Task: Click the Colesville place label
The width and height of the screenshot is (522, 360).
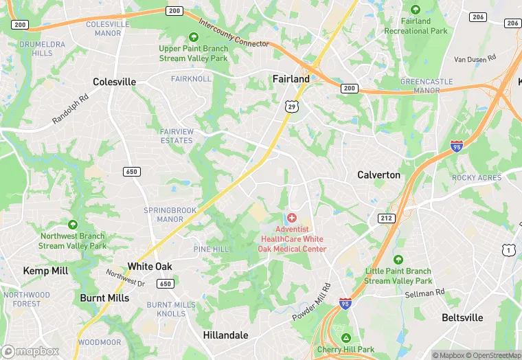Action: (x=115, y=82)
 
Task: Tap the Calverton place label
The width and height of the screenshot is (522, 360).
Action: (x=378, y=175)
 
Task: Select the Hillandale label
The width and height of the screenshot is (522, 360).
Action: (x=225, y=335)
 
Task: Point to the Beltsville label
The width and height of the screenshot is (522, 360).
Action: (x=462, y=317)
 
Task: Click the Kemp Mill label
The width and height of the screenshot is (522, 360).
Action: (x=45, y=271)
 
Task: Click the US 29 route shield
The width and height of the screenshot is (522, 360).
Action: (x=292, y=106)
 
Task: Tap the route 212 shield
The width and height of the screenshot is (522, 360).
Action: (x=386, y=218)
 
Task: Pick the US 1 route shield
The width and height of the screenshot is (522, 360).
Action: (x=508, y=249)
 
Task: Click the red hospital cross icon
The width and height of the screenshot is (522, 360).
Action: (x=292, y=217)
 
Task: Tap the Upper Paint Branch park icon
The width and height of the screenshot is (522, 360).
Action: (x=193, y=37)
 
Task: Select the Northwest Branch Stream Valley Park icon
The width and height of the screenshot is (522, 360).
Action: (x=73, y=224)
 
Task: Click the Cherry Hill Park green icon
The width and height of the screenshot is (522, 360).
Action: (x=346, y=338)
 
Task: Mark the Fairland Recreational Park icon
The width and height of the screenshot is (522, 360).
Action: (x=416, y=10)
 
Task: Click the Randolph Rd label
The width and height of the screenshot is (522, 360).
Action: (x=71, y=109)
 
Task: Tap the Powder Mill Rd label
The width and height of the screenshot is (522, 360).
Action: (x=312, y=302)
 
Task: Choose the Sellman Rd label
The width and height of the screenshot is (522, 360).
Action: (x=426, y=293)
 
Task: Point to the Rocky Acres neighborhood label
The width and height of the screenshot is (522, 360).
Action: (x=477, y=178)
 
